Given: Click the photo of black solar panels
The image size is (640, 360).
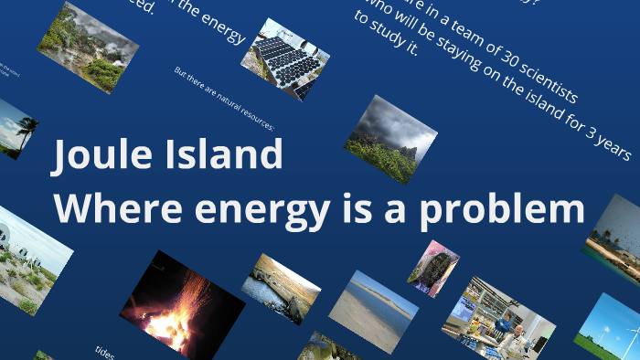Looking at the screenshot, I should [284, 59].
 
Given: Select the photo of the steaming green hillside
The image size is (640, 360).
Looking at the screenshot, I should [88, 47].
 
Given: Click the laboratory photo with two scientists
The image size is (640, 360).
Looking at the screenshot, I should [497, 319].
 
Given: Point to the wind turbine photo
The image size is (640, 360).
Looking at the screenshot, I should [611, 329].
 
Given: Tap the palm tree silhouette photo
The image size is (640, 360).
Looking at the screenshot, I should [18, 128].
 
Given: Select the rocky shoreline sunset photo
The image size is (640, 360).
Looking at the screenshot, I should [281, 287].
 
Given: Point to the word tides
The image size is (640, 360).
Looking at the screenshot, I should [104, 352].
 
